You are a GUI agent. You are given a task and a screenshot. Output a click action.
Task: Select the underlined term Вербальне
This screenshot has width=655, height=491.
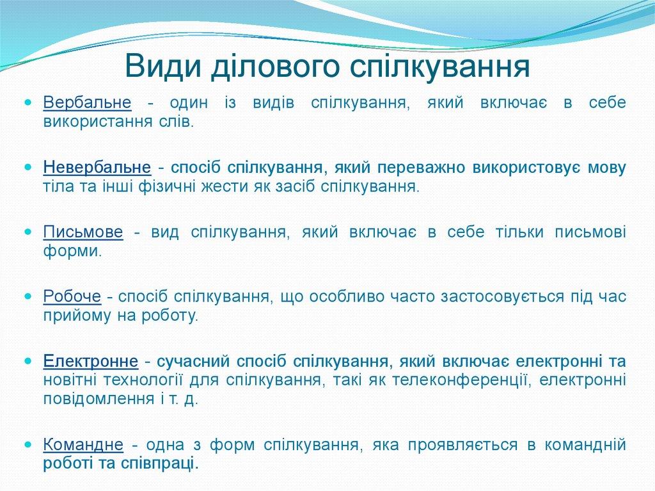[x=87, y=102]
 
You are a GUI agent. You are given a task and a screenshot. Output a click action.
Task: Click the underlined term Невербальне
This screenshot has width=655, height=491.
[x=97, y=167]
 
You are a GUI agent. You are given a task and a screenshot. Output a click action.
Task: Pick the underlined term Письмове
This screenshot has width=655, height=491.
[x=83, y=232]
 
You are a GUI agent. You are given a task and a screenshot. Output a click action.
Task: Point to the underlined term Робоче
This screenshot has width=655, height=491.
[x=72, y=297]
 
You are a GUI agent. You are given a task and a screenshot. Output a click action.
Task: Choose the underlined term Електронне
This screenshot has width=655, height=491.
[x=91, y=362]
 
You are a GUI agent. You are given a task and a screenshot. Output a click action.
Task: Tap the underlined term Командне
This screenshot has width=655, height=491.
[x=83, y=445]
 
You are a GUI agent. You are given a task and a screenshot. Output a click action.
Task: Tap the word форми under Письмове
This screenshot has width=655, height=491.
[x=72, y=252]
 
